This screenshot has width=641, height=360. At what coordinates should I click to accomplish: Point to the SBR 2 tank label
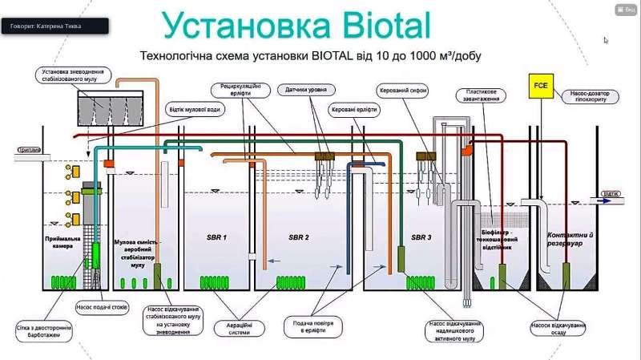point(304,237)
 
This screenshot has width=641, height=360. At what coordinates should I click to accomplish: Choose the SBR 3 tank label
point(421,237)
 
